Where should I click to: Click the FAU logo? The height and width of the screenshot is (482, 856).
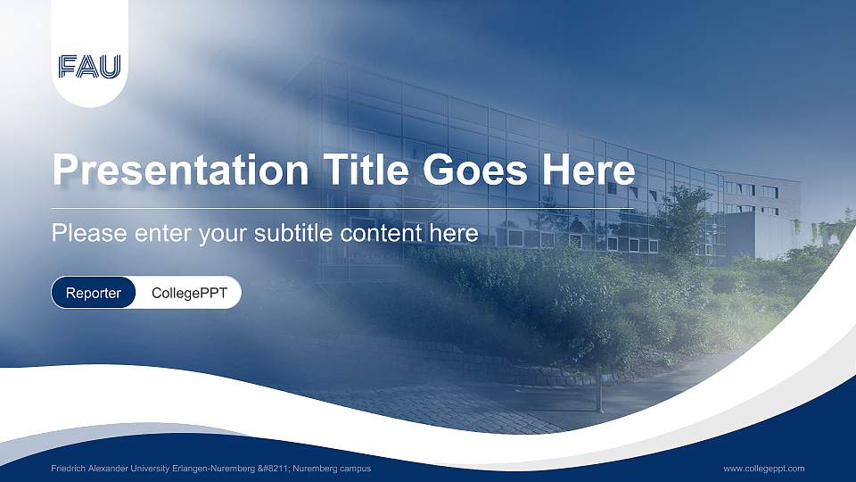coord(89,67)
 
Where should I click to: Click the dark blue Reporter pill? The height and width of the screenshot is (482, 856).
coord(94,293)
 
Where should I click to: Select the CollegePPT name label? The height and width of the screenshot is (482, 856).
coord(189,293)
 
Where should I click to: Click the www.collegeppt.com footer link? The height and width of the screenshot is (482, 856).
coord(763,469)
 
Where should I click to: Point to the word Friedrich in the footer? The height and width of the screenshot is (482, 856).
coord(68,469)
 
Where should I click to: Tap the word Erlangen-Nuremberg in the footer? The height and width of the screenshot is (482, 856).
coord(210,469)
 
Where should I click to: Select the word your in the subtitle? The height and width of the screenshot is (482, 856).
coord(222,234)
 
